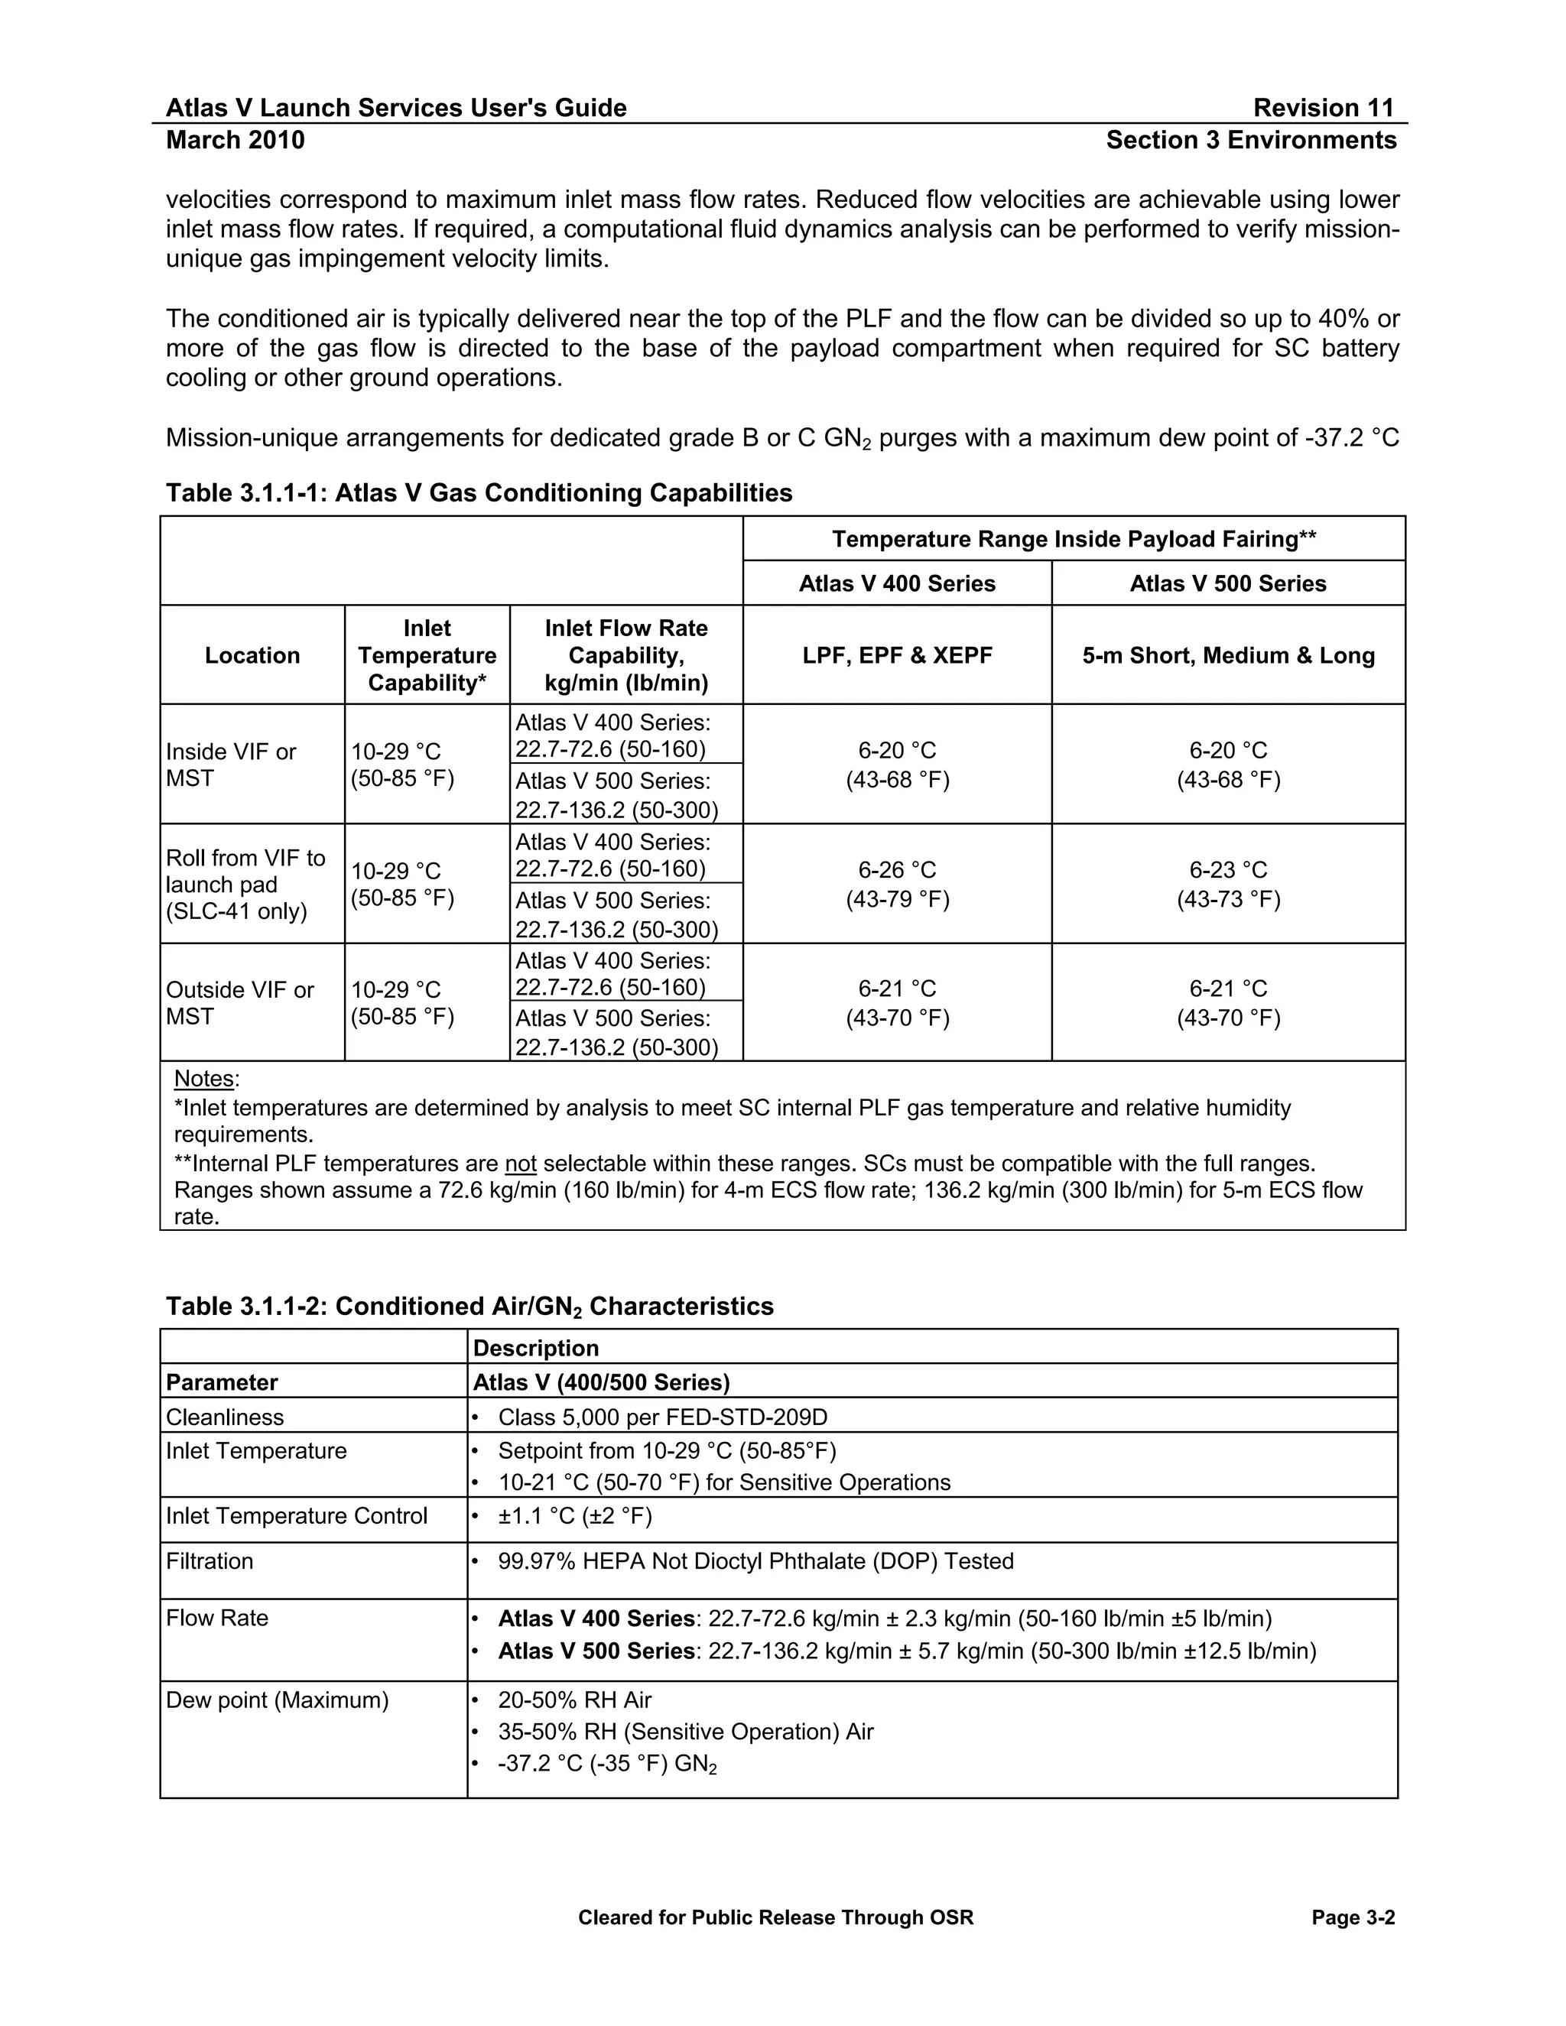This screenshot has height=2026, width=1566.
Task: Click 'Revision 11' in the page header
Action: click(1323, 108)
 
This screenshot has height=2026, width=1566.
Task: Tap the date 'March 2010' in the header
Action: click(235, 140)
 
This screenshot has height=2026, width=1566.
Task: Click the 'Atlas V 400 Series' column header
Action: click(897, 583)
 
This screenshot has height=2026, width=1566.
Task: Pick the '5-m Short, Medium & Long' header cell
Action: click(1227, 655)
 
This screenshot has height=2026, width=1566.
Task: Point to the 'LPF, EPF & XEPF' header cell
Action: click(897, 655)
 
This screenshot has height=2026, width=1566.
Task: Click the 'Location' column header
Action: click(252, 655)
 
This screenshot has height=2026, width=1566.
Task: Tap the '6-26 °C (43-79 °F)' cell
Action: click(897, 884)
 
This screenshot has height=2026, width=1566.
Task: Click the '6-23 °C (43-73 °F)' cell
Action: click(1227, 884)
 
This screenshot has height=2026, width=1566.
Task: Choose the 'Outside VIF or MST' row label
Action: click(239, 1003)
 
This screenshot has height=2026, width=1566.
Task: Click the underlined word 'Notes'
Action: click(204, 1079)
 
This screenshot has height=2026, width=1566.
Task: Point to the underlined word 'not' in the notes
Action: click(521, 1164)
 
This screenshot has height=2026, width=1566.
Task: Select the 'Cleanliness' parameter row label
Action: click(225, 1417)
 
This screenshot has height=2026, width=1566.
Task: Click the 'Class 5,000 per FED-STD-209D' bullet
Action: click(662, 1417)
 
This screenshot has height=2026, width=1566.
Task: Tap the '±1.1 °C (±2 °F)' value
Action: click(574, 1516)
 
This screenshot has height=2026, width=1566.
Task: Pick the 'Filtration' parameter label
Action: click(210, 1561)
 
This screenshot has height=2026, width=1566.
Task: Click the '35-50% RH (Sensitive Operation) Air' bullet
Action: click(686, 1732)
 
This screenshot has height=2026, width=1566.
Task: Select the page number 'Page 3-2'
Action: click(1353, 1917)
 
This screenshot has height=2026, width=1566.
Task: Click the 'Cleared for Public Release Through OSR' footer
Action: click(775, 1917)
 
